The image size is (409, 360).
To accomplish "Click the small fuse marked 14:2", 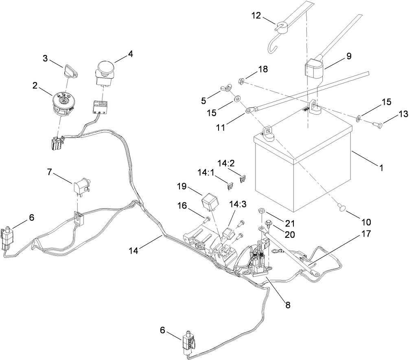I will [243, 178].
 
